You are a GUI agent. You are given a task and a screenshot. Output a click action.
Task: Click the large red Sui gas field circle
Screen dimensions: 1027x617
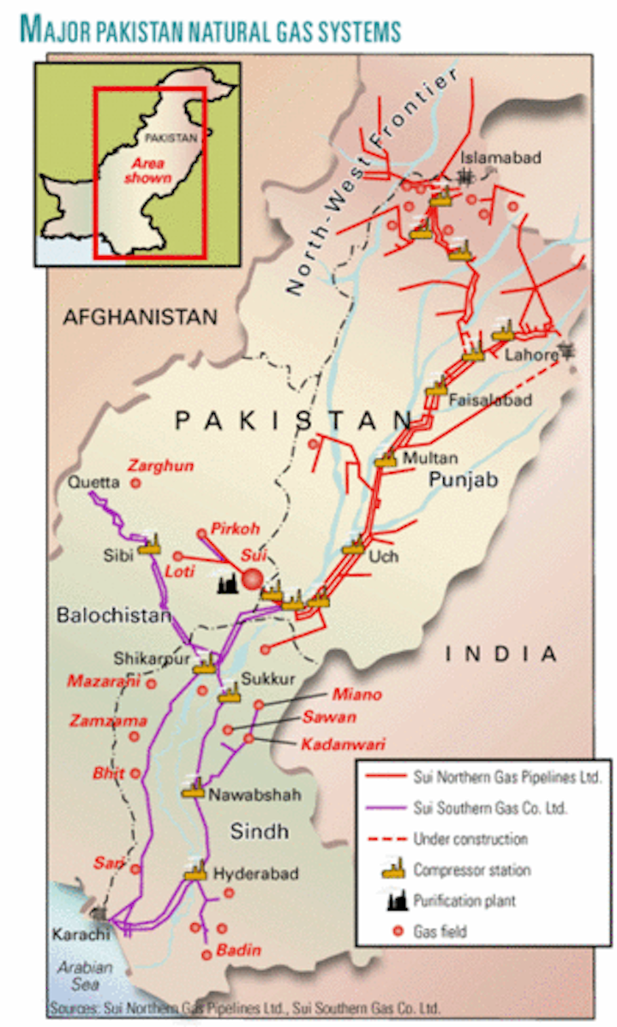point(252,579)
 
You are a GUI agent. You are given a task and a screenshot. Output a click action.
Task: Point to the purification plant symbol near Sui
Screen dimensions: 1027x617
point(225,585)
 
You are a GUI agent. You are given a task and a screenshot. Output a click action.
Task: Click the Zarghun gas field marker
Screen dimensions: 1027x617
point(135,484)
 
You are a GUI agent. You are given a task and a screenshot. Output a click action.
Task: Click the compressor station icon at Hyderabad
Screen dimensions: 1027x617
point(195,872)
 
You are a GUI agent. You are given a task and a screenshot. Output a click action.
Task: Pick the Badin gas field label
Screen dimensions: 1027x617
point(238,950)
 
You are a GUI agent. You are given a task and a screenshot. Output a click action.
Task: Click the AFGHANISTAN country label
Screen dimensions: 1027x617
point(141,317)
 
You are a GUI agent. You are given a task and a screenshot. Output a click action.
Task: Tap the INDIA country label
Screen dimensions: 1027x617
point(501,654)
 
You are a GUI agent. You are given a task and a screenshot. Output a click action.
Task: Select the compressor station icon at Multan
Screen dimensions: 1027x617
point(386,459)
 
